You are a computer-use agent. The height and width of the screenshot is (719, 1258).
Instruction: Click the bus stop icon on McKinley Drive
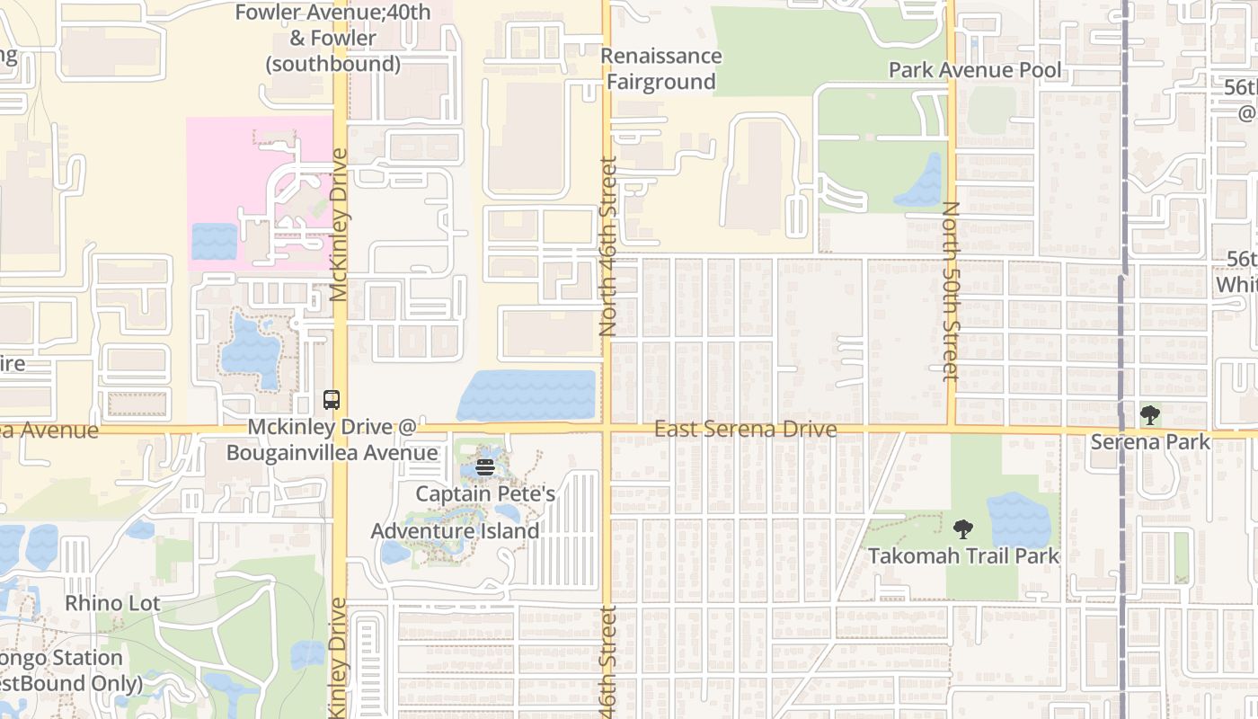pos(332,400)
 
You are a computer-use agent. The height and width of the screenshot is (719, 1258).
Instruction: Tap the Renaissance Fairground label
pos(660,69)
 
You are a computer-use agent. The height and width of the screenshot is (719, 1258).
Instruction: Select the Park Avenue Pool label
pos(975,70)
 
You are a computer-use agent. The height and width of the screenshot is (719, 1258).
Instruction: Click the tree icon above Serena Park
pos(1149,415)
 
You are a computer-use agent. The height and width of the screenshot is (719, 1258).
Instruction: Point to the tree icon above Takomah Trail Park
pos(962,529)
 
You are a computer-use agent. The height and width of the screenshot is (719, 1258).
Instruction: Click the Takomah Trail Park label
pos(963,556)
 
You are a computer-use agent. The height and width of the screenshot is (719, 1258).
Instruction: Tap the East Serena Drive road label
pos(745,430)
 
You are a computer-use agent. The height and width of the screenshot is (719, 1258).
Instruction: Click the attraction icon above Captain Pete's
pos(485,466)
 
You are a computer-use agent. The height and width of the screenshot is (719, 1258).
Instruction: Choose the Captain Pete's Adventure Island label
pos(456,512)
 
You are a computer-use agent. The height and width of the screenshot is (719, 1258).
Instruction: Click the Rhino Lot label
pos(112,603)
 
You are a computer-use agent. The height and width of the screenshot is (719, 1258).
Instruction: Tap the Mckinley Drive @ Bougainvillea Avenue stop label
pos(332,439)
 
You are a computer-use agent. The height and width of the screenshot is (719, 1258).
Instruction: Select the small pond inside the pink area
pos(215,242)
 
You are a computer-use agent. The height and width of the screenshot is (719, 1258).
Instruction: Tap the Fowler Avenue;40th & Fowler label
pos(332,38)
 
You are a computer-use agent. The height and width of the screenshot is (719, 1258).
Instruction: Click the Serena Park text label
pos(1149,441)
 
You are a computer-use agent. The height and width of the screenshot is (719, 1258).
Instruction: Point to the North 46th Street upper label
pos(608,247)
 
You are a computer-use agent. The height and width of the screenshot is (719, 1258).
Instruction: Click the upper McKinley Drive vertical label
pos(339,225)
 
